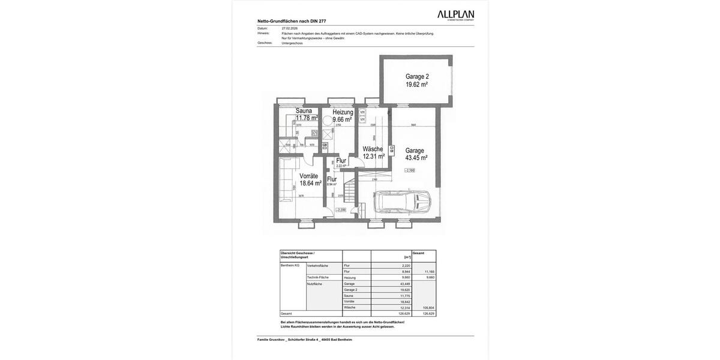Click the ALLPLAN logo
(x=455, y=15)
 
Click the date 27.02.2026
(x=290, y=28)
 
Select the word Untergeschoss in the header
(x=292, y=43)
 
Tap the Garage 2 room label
(x=417, y=76)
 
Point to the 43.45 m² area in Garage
(x=416, y=158)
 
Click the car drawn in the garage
(x=402, y=202)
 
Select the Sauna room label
(x=304, y=111)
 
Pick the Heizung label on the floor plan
(x=343, y=112)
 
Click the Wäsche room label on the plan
(x=373, y=149)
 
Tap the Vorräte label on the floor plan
(x=308, y=176)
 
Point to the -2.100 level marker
(x=409, y=170)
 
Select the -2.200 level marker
(x=340, y=210)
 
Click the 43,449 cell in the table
(x=406, y=284)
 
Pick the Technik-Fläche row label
(x=318, y=277)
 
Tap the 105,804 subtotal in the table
(x=428, y=308)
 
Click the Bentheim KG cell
(x=290, y=265)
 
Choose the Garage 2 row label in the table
(x=350, y=290)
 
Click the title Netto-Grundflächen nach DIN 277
(x=292, y=21)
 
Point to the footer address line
(x=305, y=340)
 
